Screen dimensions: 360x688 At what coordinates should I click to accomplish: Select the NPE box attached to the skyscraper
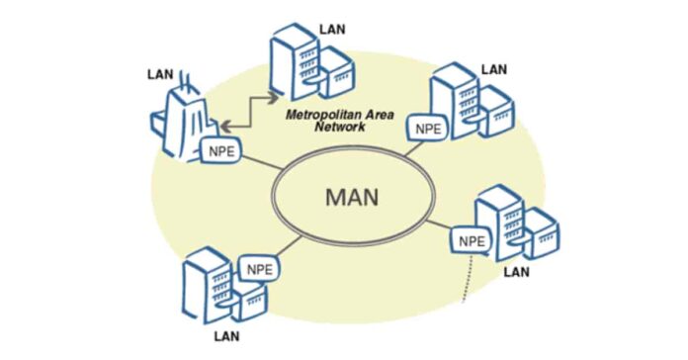coord(219,151)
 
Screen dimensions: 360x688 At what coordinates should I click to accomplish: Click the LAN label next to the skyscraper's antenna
coord(159,73)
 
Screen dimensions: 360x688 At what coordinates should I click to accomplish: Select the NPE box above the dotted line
coord(471,240)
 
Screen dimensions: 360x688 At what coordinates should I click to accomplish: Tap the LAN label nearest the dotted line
coord(517,271)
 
